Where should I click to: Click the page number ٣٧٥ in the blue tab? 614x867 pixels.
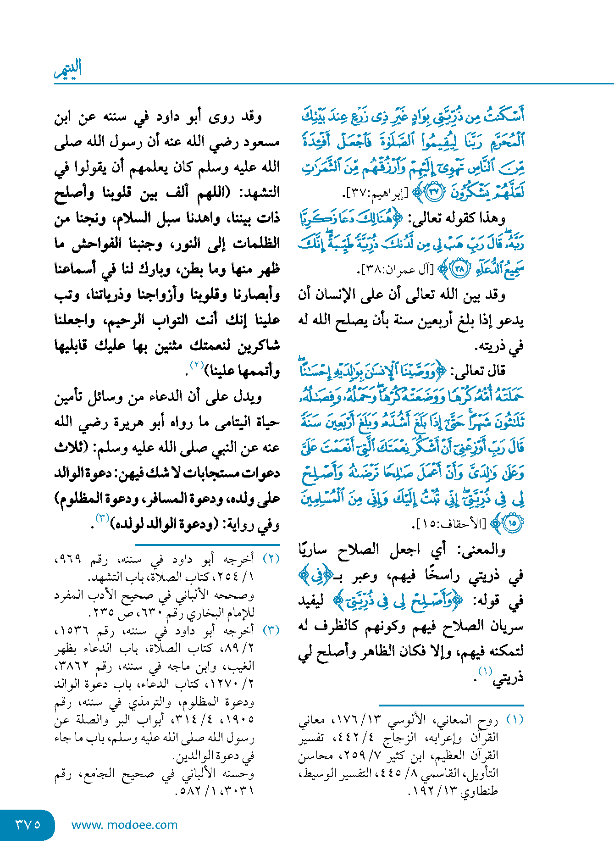[x=28, y=824]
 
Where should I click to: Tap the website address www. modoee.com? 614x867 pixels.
[x=124, y=825]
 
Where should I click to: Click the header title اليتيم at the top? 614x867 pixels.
[x=68, y=69]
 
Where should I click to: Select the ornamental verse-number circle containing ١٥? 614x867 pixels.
[x=512, y=523]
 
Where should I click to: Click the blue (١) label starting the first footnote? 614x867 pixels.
[x=514, y=719]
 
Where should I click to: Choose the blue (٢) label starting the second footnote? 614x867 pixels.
[x=271, y=559]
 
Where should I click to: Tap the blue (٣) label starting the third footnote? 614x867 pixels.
[x=271, y=630]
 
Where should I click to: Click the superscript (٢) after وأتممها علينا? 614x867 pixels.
[x=197, y=366]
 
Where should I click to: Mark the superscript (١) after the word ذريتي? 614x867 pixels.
[x=485, y=671]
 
